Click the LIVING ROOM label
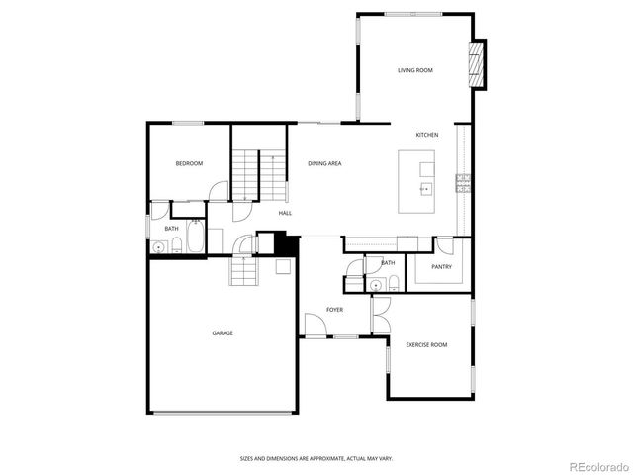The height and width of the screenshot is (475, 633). pos(415,70)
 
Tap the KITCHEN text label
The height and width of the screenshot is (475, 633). pos(426,135)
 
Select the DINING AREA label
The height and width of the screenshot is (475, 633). pos(324,163)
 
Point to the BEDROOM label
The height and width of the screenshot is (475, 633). pos(189,163)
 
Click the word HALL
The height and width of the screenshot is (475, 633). pos(285,213)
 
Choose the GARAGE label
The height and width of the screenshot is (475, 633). pos(223,332)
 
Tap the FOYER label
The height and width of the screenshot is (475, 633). pos(335,310)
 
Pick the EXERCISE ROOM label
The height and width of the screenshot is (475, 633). pos(426,344)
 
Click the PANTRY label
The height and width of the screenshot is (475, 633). pos(441,267)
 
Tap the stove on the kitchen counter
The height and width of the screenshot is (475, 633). pos(462,182)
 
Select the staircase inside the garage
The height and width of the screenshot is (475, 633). pos(243,269)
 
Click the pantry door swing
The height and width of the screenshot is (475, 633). pos(444,246)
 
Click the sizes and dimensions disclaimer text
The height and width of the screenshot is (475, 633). pos(316,458)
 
